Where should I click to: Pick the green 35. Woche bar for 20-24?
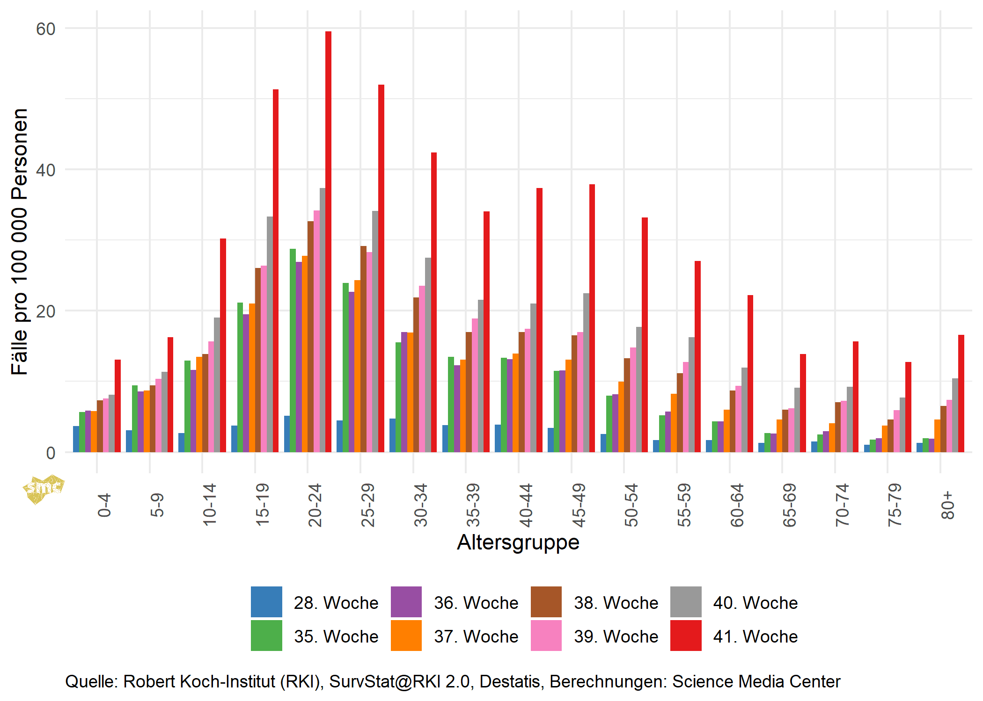(293, 350)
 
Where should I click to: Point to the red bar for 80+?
(961, 393)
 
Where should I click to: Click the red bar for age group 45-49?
(592, 318)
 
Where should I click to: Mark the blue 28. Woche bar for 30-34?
(392, 435)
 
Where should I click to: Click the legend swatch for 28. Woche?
(266, 602)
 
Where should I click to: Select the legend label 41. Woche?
(755, 636)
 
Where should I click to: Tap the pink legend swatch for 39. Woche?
(546, 636)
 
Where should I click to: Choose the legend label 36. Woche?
(476, 603)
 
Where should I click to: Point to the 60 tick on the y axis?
(45, 29)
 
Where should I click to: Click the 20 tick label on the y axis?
(45, 311)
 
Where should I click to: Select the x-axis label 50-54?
(631, 505)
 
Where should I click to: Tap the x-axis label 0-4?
(104, 505)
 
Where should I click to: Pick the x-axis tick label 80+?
(947, 505)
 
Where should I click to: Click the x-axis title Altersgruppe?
(518, 542)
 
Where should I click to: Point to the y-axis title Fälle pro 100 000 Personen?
(20, 241)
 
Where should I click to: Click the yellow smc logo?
(43, 489)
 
